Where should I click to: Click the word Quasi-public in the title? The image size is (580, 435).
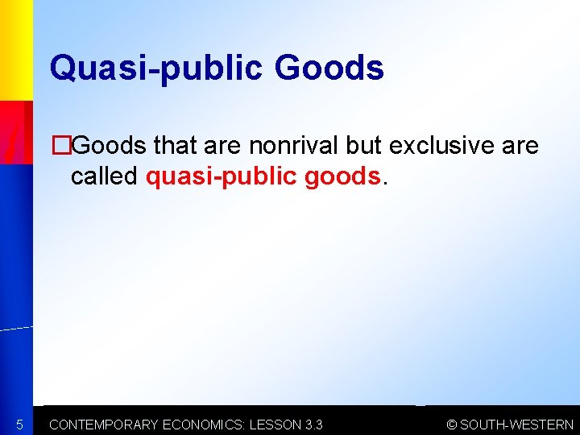click(155, 68)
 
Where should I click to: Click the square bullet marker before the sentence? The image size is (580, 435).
click(57, 146)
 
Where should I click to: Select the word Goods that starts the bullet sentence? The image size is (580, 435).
click(108, 146)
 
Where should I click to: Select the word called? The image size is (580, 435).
click(105, 176)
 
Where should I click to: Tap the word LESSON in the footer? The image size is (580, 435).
click(275, 425)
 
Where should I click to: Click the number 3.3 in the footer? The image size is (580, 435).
click(314, 425)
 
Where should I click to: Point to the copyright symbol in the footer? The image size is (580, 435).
click(452, 425)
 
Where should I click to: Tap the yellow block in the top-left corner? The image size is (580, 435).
click(15, 48)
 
